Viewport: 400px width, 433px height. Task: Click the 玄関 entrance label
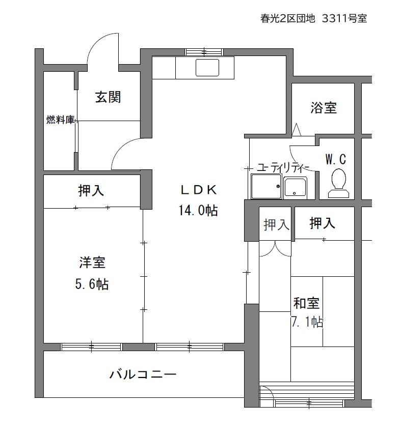(x=108, y=97)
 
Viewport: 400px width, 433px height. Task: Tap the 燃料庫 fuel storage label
(x=60, y=120)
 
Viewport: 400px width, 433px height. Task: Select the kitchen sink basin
(x=207, y=67)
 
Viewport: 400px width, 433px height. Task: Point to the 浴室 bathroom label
(x=324, y=107)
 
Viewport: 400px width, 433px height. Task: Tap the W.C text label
(x=336, y=159)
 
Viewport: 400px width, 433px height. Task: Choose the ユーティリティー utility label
(x=283, y=167)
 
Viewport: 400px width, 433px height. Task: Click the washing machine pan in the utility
(x=266, y=186)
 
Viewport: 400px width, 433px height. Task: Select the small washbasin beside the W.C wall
(x=295, y=188)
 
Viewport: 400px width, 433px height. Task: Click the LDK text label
(x=198, y=190)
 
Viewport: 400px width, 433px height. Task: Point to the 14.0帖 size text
(x=198, y=210)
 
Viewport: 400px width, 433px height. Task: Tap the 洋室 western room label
(x=92, y=262)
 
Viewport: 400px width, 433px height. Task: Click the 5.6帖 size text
(x=92, y=284)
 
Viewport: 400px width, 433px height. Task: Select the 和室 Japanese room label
(x=306, y=303)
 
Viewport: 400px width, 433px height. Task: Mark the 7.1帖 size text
(x=307, y=322)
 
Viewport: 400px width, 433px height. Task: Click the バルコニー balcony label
(x=143, y=374)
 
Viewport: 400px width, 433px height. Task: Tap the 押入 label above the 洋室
(x=91, y=190)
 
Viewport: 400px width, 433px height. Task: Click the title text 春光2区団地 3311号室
(x=313, y=18)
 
